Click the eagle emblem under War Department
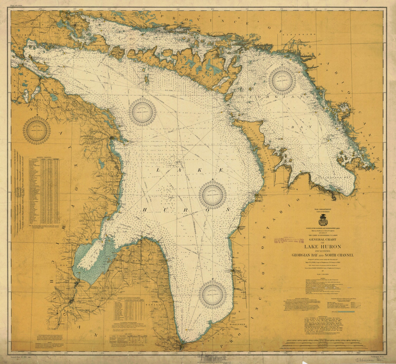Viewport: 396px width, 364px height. (x=323, y=219)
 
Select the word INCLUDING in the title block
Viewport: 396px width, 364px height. (x=323, y=251)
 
